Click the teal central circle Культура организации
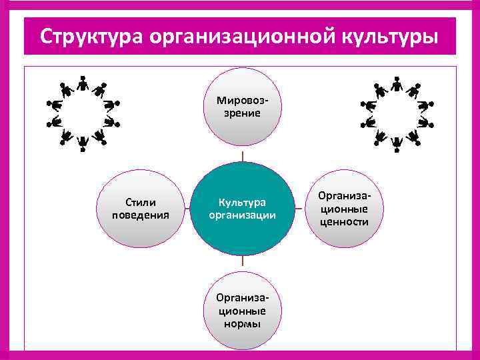coord(243,209)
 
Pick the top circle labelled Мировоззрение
coord(243,107)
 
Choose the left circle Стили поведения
coord(141,208)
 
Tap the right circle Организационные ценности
coord(343,208)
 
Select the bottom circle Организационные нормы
coord(243,311)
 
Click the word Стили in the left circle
coord(141,201)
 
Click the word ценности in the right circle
coord(343,221)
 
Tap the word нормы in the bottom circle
coord(243,324)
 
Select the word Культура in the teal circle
coord(243,202)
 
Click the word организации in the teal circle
coord(243,215)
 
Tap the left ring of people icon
coord(83,112)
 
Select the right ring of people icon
coord(397,112)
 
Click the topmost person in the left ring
coord(83,83)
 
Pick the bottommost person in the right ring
coord(397,142)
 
